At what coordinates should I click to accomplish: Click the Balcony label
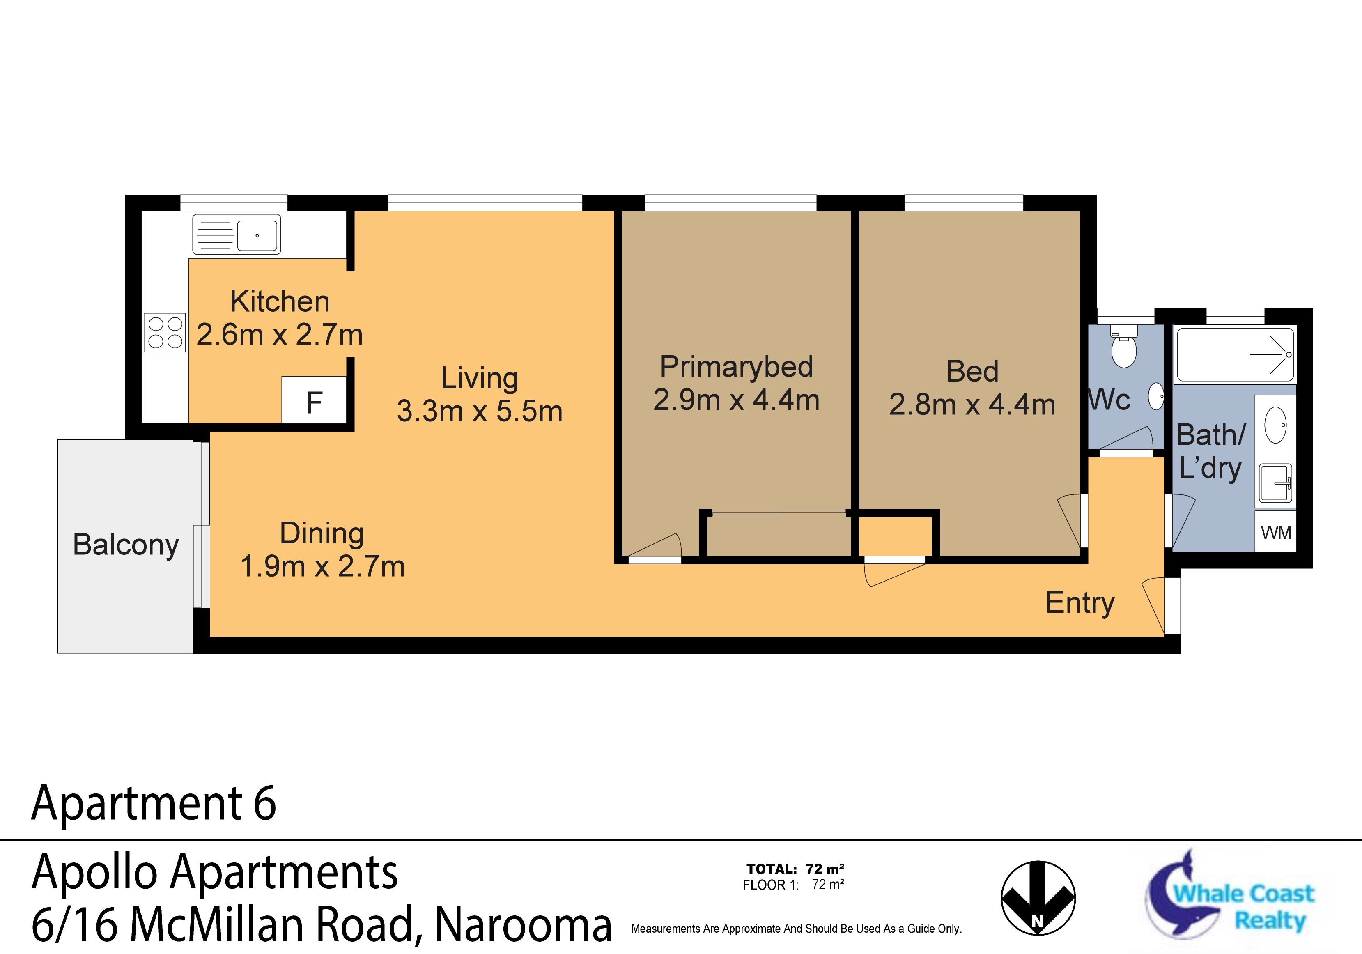pyautogui.click(x=126, y=544)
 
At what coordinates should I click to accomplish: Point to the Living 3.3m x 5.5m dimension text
pyautogui.click(x=479, y=411)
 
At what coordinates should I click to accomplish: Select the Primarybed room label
pyautogui.click(x=736, y=367)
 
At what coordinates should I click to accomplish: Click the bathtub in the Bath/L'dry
pyautogui.click(x=1236, y=355)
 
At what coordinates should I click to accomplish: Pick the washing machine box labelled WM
pyautogui.click(x=1275, y=532)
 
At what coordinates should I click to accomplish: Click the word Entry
pyautogui.click(x=1079, y=603)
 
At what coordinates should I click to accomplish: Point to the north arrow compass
pyautogui.click(x=1038, y=898)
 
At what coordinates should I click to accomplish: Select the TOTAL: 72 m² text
pyautogui.click(x=795, y=869)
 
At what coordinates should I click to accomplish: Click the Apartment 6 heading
pyautogui.click(x=154, y=803)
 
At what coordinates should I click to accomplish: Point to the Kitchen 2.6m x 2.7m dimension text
pyautogui.click(x=279, y=335)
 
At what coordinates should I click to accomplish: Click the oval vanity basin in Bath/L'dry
pyautogui.click(x=1275, y=425)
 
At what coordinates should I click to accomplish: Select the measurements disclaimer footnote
pyautogui.click(x=796, y=929)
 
